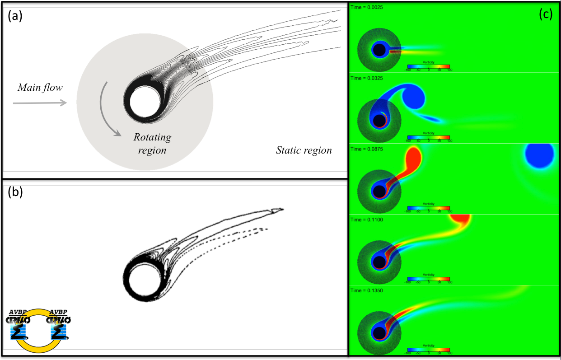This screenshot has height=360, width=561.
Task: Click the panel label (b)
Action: click(16, 193)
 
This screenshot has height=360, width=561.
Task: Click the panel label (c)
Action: click(546, 14)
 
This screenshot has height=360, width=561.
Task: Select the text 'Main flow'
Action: click(40, 88)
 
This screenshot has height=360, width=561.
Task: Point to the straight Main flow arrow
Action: click(40, 103)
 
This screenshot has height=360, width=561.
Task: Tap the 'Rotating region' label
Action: click(152, 143)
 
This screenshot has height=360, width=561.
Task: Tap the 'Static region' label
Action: click(304, 150)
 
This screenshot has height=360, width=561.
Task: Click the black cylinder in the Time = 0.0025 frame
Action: click(379, 50)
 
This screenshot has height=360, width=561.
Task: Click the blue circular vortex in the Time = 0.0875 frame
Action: click(539, 155)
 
